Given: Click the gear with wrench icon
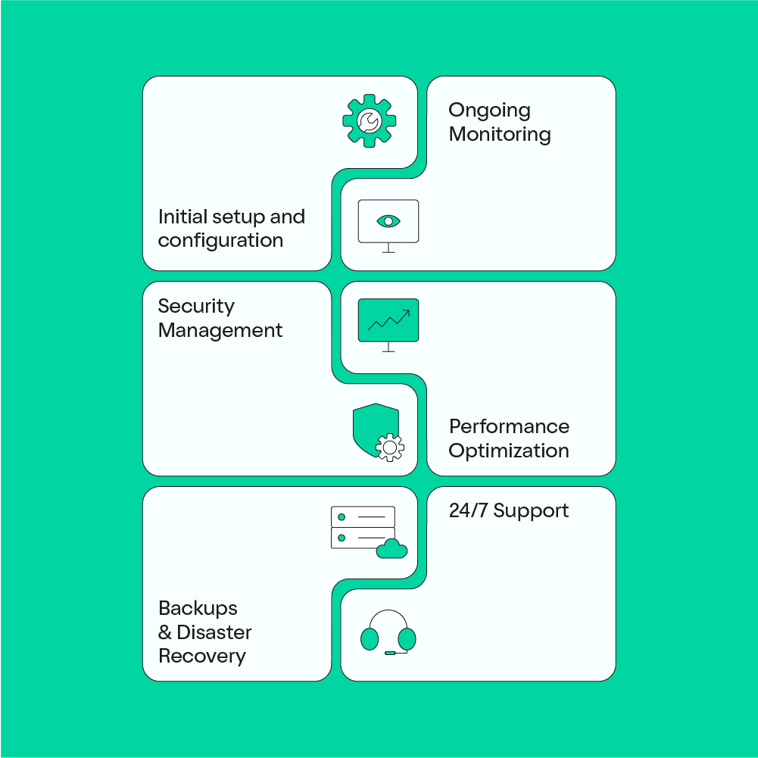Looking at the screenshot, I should (370, 120).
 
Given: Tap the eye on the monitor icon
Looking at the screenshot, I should (388, 221).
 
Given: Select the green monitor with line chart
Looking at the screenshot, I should (388, 320).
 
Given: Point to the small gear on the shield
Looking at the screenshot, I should (390, 448).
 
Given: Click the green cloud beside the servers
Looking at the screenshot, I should (391, 549).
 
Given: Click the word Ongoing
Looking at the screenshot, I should (489, 111).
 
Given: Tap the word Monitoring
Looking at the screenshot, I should (500, 135).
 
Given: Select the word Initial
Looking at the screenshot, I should (181, 217).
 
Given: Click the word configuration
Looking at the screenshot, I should (220, 241).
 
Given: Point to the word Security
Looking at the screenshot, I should (196, 306).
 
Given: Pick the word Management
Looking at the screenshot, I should (220, 330).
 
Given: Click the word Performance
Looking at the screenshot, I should (509, 426).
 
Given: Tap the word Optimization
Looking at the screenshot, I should (509, 451).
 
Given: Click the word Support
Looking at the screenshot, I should (531, 512).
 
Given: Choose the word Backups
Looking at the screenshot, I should (198, 608).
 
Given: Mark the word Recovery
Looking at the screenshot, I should (202, 656).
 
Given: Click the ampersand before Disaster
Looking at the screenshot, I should (165, 632).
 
